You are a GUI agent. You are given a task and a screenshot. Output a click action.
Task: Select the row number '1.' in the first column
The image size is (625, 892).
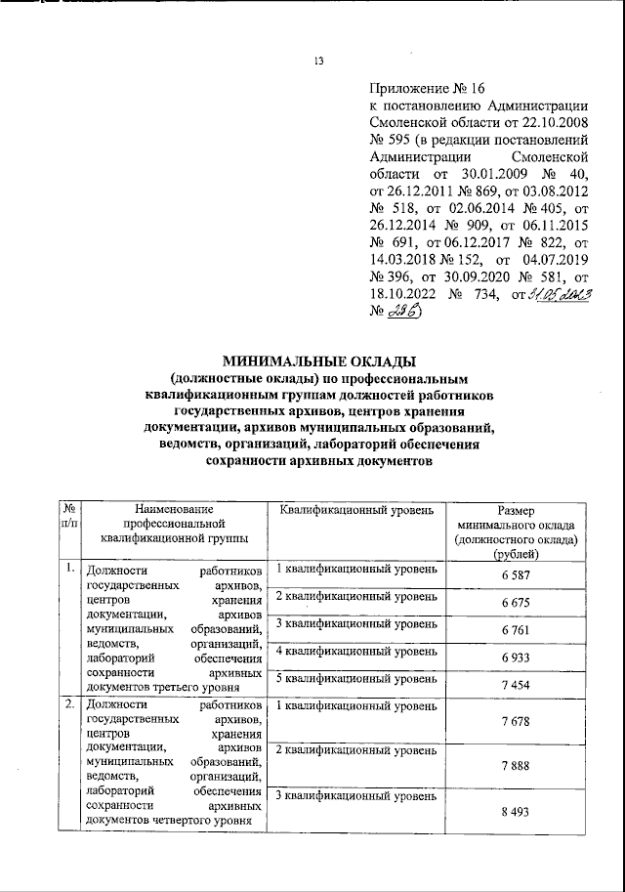pos(68,568)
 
